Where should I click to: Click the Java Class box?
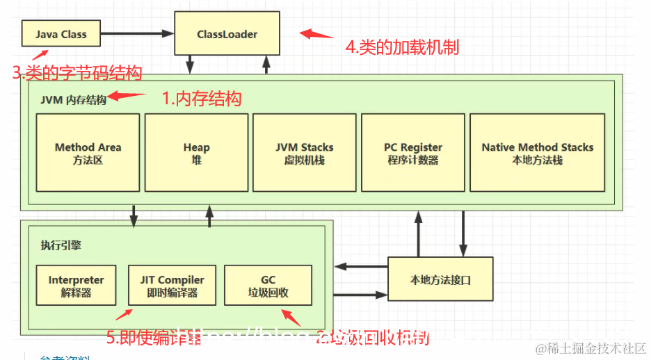[x=61, y=33]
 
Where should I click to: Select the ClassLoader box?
[x=227, y=33]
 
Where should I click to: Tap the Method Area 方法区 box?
[x=88, y=153]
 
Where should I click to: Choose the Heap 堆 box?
[x=196, y=153]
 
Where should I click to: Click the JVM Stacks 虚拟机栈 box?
[x=305, y=153]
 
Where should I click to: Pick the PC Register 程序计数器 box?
[x=413, y=153]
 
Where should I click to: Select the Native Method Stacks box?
[x=537, y=153]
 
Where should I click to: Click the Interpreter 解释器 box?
[x=76, y=286]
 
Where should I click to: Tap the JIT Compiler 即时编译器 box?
[x=172, y=286]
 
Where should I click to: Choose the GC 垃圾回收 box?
[x=268, y=286]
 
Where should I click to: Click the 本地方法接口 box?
[x=440, y=280]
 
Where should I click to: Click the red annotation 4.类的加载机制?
[x=402, y=47]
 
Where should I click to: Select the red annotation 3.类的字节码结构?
[x=77, y=72]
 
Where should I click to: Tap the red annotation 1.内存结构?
[x=202, y=99]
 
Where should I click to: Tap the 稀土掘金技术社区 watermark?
[x=590, y=347]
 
